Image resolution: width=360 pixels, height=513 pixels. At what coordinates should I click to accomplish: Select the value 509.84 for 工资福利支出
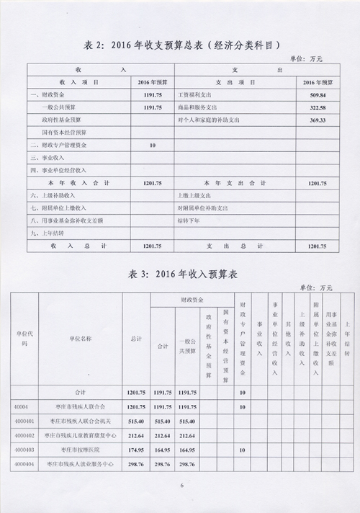tap(317, 95)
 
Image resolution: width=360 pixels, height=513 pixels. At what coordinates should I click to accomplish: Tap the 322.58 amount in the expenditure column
tap(317, 107)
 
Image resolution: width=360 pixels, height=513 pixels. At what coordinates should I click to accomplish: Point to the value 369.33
tap(317, 120)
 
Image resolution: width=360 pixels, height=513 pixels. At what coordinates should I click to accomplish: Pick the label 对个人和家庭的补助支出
tap(210, 120)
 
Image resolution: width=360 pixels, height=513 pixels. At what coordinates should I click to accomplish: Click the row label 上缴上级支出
tap(194, 195)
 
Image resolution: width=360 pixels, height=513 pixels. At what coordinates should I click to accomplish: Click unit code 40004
tap(21, 406)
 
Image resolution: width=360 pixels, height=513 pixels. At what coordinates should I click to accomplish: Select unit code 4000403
tap(24, 450)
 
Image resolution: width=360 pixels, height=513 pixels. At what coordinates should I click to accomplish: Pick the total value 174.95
tap(137, 450)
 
